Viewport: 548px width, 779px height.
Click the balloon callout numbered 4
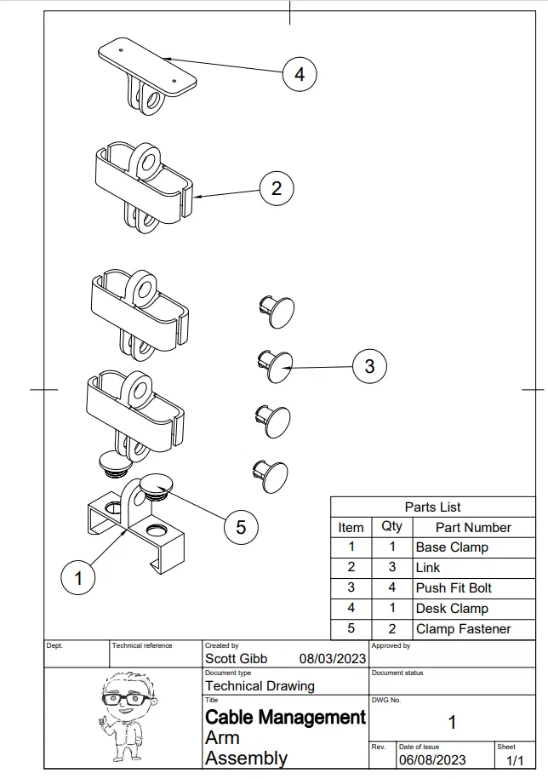point(299,74)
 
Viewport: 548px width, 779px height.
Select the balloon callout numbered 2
point(276,187)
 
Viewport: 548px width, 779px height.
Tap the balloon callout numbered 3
point(369,366)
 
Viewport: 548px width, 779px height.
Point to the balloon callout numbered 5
point(241,527)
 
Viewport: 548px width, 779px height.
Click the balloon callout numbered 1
point(78,578)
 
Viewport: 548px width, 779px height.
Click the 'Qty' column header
point(392,527)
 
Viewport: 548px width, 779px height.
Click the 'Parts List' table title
point(432,507)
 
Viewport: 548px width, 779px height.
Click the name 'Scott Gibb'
point(236,659)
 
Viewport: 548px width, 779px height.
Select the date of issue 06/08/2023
point(432,759)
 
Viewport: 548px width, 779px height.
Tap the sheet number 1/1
point(514,759)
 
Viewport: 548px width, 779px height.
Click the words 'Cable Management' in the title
point(285,718)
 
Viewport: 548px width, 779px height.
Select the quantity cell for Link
point(392,568)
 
